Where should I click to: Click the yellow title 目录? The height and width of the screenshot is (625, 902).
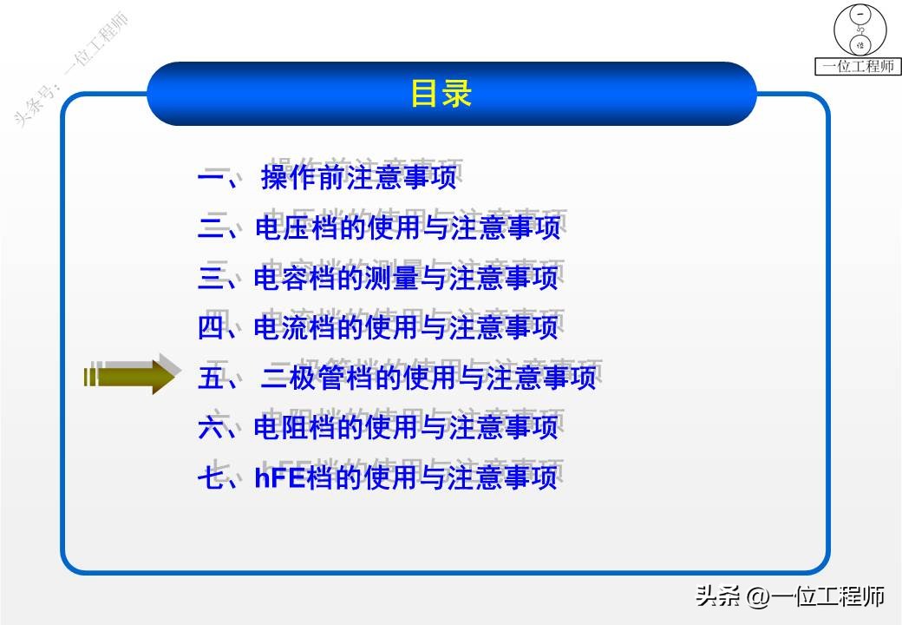[x=441, y=94]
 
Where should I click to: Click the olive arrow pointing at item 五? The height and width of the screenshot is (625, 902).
[x=130, y=375]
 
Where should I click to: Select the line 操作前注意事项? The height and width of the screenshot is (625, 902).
[x=358, y=179]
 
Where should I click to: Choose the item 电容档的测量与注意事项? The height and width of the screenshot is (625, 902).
[x=406, y=278]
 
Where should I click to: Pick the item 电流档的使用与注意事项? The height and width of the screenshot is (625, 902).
[x=406, y=327]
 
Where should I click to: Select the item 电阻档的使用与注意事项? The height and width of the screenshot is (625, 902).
[x=406, y=427]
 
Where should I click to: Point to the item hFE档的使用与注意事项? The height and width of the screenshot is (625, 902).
[x=406, y=477]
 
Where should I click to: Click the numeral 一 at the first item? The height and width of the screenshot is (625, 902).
[x=212, y=179]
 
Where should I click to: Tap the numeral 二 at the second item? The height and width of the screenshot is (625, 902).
[x=212, y=228]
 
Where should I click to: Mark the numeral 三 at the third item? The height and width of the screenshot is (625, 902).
[x=212, y=278]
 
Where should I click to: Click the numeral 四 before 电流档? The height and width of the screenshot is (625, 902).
[x=212, y=327]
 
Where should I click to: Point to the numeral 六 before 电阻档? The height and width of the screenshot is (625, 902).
[x=212, y=427]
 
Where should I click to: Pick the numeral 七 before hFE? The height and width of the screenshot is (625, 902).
[x=212, y=477]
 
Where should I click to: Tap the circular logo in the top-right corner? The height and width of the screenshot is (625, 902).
[x=860, y=30]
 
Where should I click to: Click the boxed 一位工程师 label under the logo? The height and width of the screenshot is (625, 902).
[x=859, y=66]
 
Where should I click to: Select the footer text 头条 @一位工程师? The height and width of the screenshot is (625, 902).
[x=789, y=596]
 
